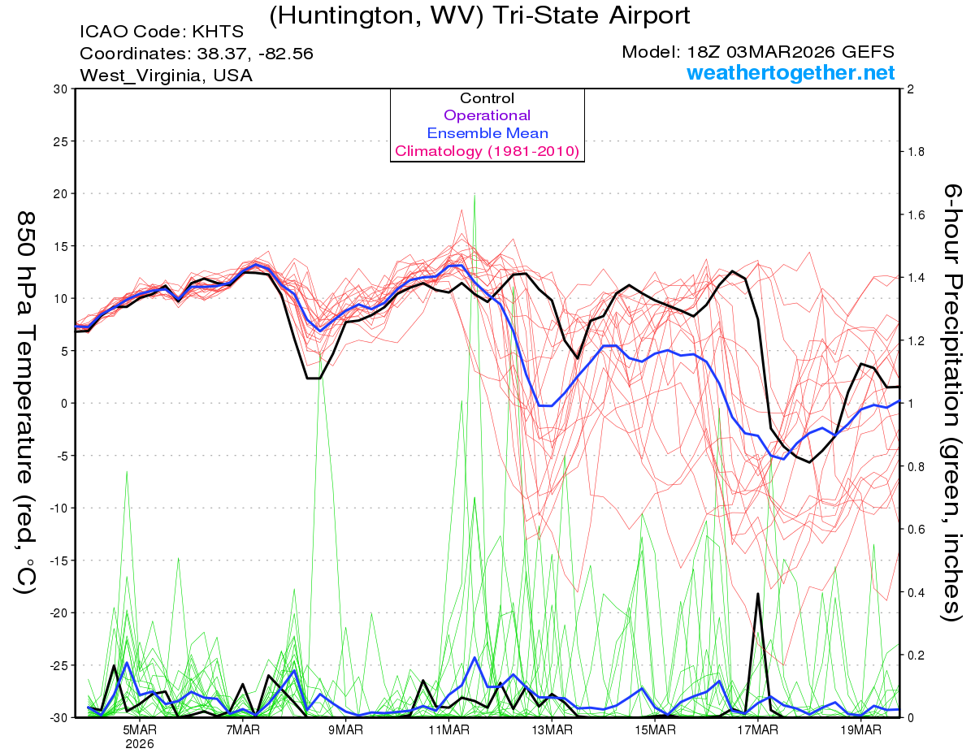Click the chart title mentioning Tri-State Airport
click(x=479, y=15)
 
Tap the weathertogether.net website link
click(x=791, y=73)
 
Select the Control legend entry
click(x=487, y=98)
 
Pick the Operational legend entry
click(x=487, y=115)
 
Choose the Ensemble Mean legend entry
click(x=487, y=133)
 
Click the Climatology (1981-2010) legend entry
click(x=487, y=151)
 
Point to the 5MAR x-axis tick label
click(x=140, y=729)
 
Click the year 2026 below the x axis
click(x=140, y=742)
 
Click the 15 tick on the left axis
click(x=59, y=245)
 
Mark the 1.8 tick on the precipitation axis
click(x=916, y=152)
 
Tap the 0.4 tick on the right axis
click(x=916, y=592)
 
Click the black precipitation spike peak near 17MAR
click(x=758, y=594)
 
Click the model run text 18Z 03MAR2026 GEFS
click(x=758, y=52)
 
